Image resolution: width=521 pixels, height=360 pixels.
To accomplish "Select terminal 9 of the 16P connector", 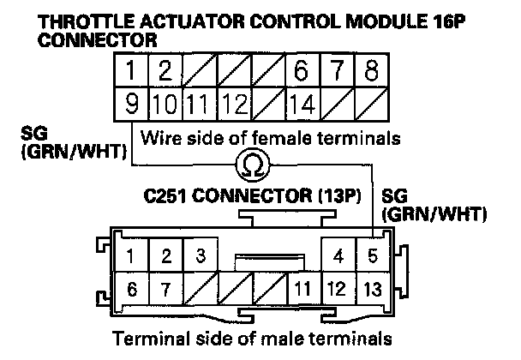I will (x=130, y=105).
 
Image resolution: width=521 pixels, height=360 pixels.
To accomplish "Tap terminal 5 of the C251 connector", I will (x=370, y=255).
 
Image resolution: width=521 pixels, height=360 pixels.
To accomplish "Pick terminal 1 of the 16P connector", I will (x=130, y=69).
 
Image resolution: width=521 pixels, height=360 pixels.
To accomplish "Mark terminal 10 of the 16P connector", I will (x=165, y=105).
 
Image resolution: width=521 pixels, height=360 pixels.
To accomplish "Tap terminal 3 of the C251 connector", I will (x=199, y=255).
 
